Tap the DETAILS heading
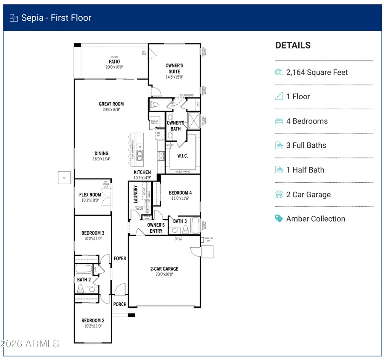pyautogui.click(x=293, y=45)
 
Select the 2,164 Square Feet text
pyautogui.click(x=317, y=72)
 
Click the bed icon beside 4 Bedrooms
pyautogui.click(x=279, y=121)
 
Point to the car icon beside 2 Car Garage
pyautogui.click(x=279, y=194)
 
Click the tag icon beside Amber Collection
pyautogui.click(x=279, y=219)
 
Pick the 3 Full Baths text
pyautogui.click(x=306, y=145)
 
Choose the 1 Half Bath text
pyautogui.click(x=305, y=170)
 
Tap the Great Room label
pyautogui.click(x=111, y=104)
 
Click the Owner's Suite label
pyautogui.click(x=174, y=68)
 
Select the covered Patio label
pyautogui.click(x=114, y=62)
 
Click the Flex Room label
pyautogui.click(x=90, y=195)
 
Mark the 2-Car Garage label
pyautogui.click(x=164, y=269)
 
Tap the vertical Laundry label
pyautogui.click(x=136, y=194)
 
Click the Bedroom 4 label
pyautogui.click(x=180, y=193)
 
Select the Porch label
pyautogui.click(x=120, y=304)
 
